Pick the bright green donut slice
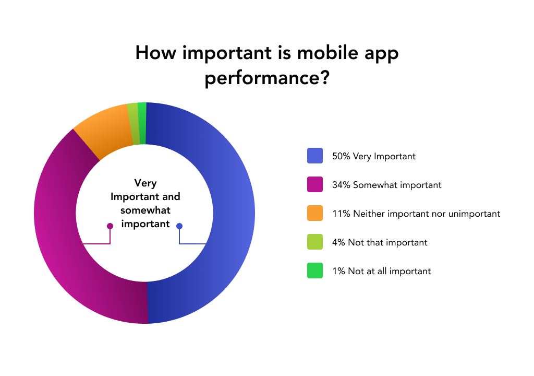142,123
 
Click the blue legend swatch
314,156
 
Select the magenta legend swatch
314,184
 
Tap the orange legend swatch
314,213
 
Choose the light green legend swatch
314,242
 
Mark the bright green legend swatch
314,270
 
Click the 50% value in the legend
341,156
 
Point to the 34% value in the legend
341,185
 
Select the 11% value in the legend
341,214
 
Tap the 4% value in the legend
339,242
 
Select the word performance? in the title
267,78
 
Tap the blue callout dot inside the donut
179,226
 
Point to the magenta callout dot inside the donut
110,226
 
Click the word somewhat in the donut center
145,210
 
